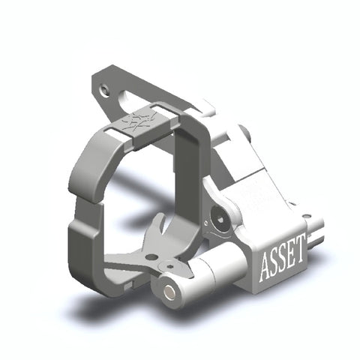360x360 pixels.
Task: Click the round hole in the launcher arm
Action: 151,257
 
